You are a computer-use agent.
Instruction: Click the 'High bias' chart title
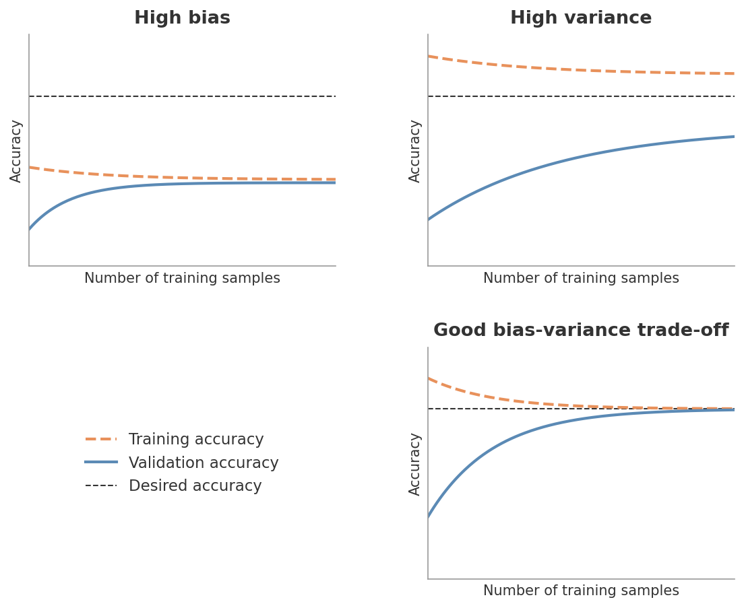(182, 18)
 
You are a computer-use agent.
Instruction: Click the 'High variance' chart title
(581, 18)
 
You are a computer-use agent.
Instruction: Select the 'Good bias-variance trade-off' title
(581, 331)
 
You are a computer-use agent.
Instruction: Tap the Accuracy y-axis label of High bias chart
(16, 151)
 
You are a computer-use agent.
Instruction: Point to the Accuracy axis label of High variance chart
(415, 151)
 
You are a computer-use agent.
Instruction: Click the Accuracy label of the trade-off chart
(415, 464)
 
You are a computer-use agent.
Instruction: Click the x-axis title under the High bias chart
(182, 279)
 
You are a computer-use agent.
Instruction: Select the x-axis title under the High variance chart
(581, 279)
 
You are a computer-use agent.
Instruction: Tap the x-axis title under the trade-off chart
(581, 591)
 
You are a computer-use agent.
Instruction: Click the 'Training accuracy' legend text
(196, 440)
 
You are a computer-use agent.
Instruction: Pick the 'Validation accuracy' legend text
(204, 463)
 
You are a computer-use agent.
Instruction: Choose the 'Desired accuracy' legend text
(195, 486)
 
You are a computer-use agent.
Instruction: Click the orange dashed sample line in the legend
(101, 439)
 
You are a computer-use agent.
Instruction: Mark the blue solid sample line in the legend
(101, 462)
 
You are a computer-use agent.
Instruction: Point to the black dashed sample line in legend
(101, 485)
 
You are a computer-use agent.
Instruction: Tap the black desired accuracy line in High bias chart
(182, 96)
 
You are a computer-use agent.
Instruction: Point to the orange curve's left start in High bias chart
(30, 168)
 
